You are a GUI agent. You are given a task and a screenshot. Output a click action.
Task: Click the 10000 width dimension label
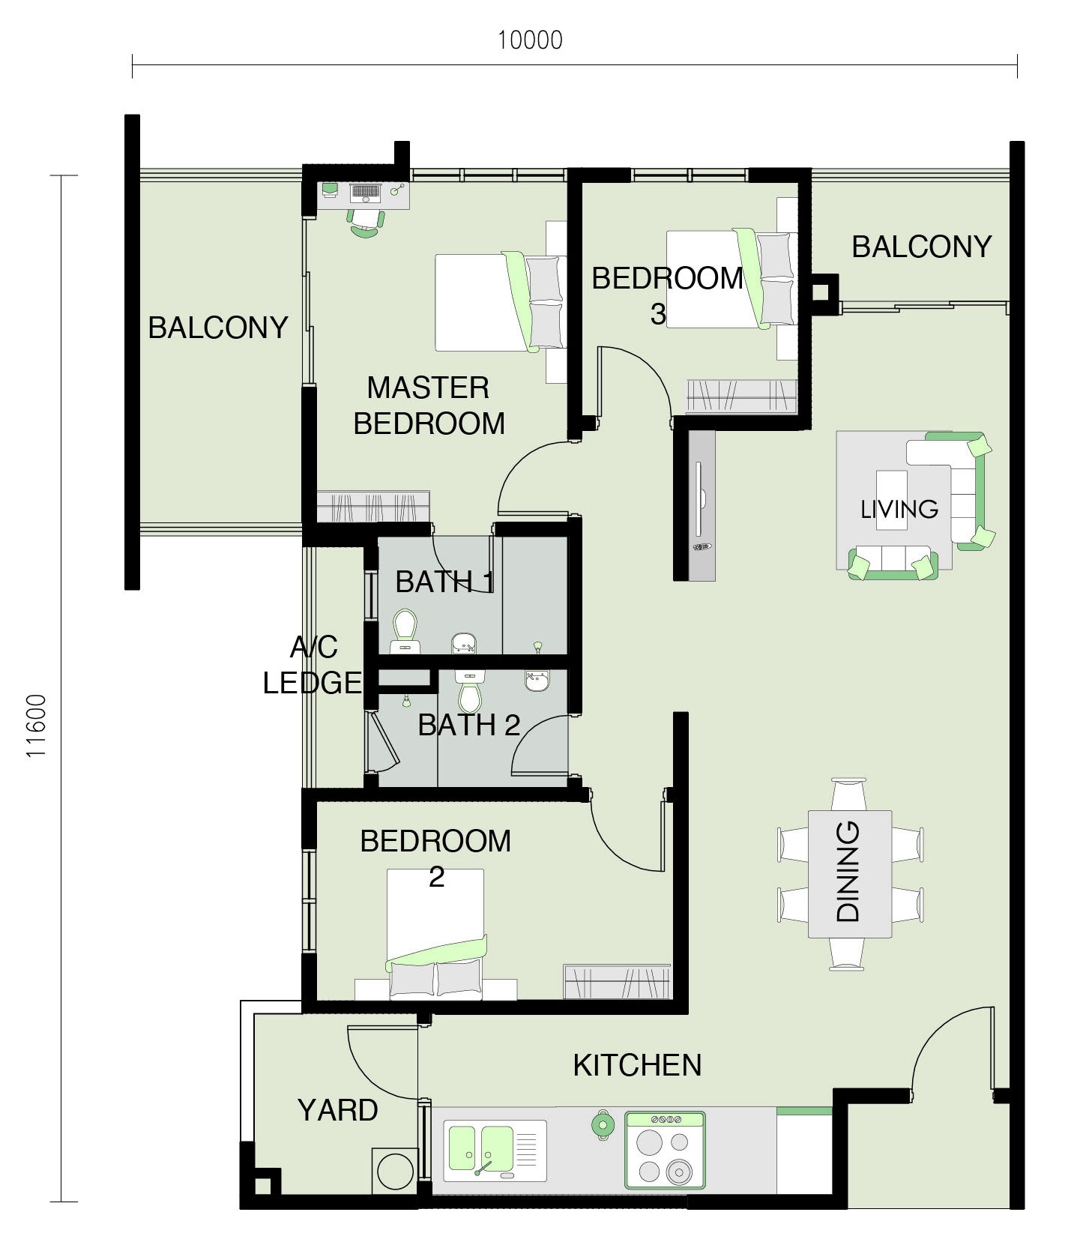tap(530, 40)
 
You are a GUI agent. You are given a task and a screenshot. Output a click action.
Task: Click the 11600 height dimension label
tap(37, 726)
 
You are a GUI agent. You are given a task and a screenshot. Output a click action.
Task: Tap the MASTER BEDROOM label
tap(429, 406)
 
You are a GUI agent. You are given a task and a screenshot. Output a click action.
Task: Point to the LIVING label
tap(899, 509)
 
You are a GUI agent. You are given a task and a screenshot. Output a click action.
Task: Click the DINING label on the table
tap(848, 871)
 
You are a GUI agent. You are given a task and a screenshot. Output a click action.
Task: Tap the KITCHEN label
tap(637, 1065)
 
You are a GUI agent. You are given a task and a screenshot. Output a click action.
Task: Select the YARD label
tap(337, 1110)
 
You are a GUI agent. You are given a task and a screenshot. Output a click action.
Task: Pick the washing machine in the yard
tap(395, 1171)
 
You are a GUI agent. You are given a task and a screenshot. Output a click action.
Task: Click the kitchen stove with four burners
tap(666, 1150)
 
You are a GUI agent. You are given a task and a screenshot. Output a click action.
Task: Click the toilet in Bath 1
tap(405, 631)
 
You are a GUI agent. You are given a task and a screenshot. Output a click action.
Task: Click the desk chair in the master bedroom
tap(365, 223)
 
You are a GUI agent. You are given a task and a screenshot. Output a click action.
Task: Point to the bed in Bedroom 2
tap(436, 934)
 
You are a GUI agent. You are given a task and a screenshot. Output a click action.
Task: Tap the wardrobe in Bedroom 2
tap(617, 981)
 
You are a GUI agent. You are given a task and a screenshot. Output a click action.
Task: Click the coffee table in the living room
tap(891, 500)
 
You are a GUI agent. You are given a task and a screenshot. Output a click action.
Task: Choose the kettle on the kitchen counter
tap(602, 1124)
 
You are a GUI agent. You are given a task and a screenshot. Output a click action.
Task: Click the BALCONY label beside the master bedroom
tap(218, 328)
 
